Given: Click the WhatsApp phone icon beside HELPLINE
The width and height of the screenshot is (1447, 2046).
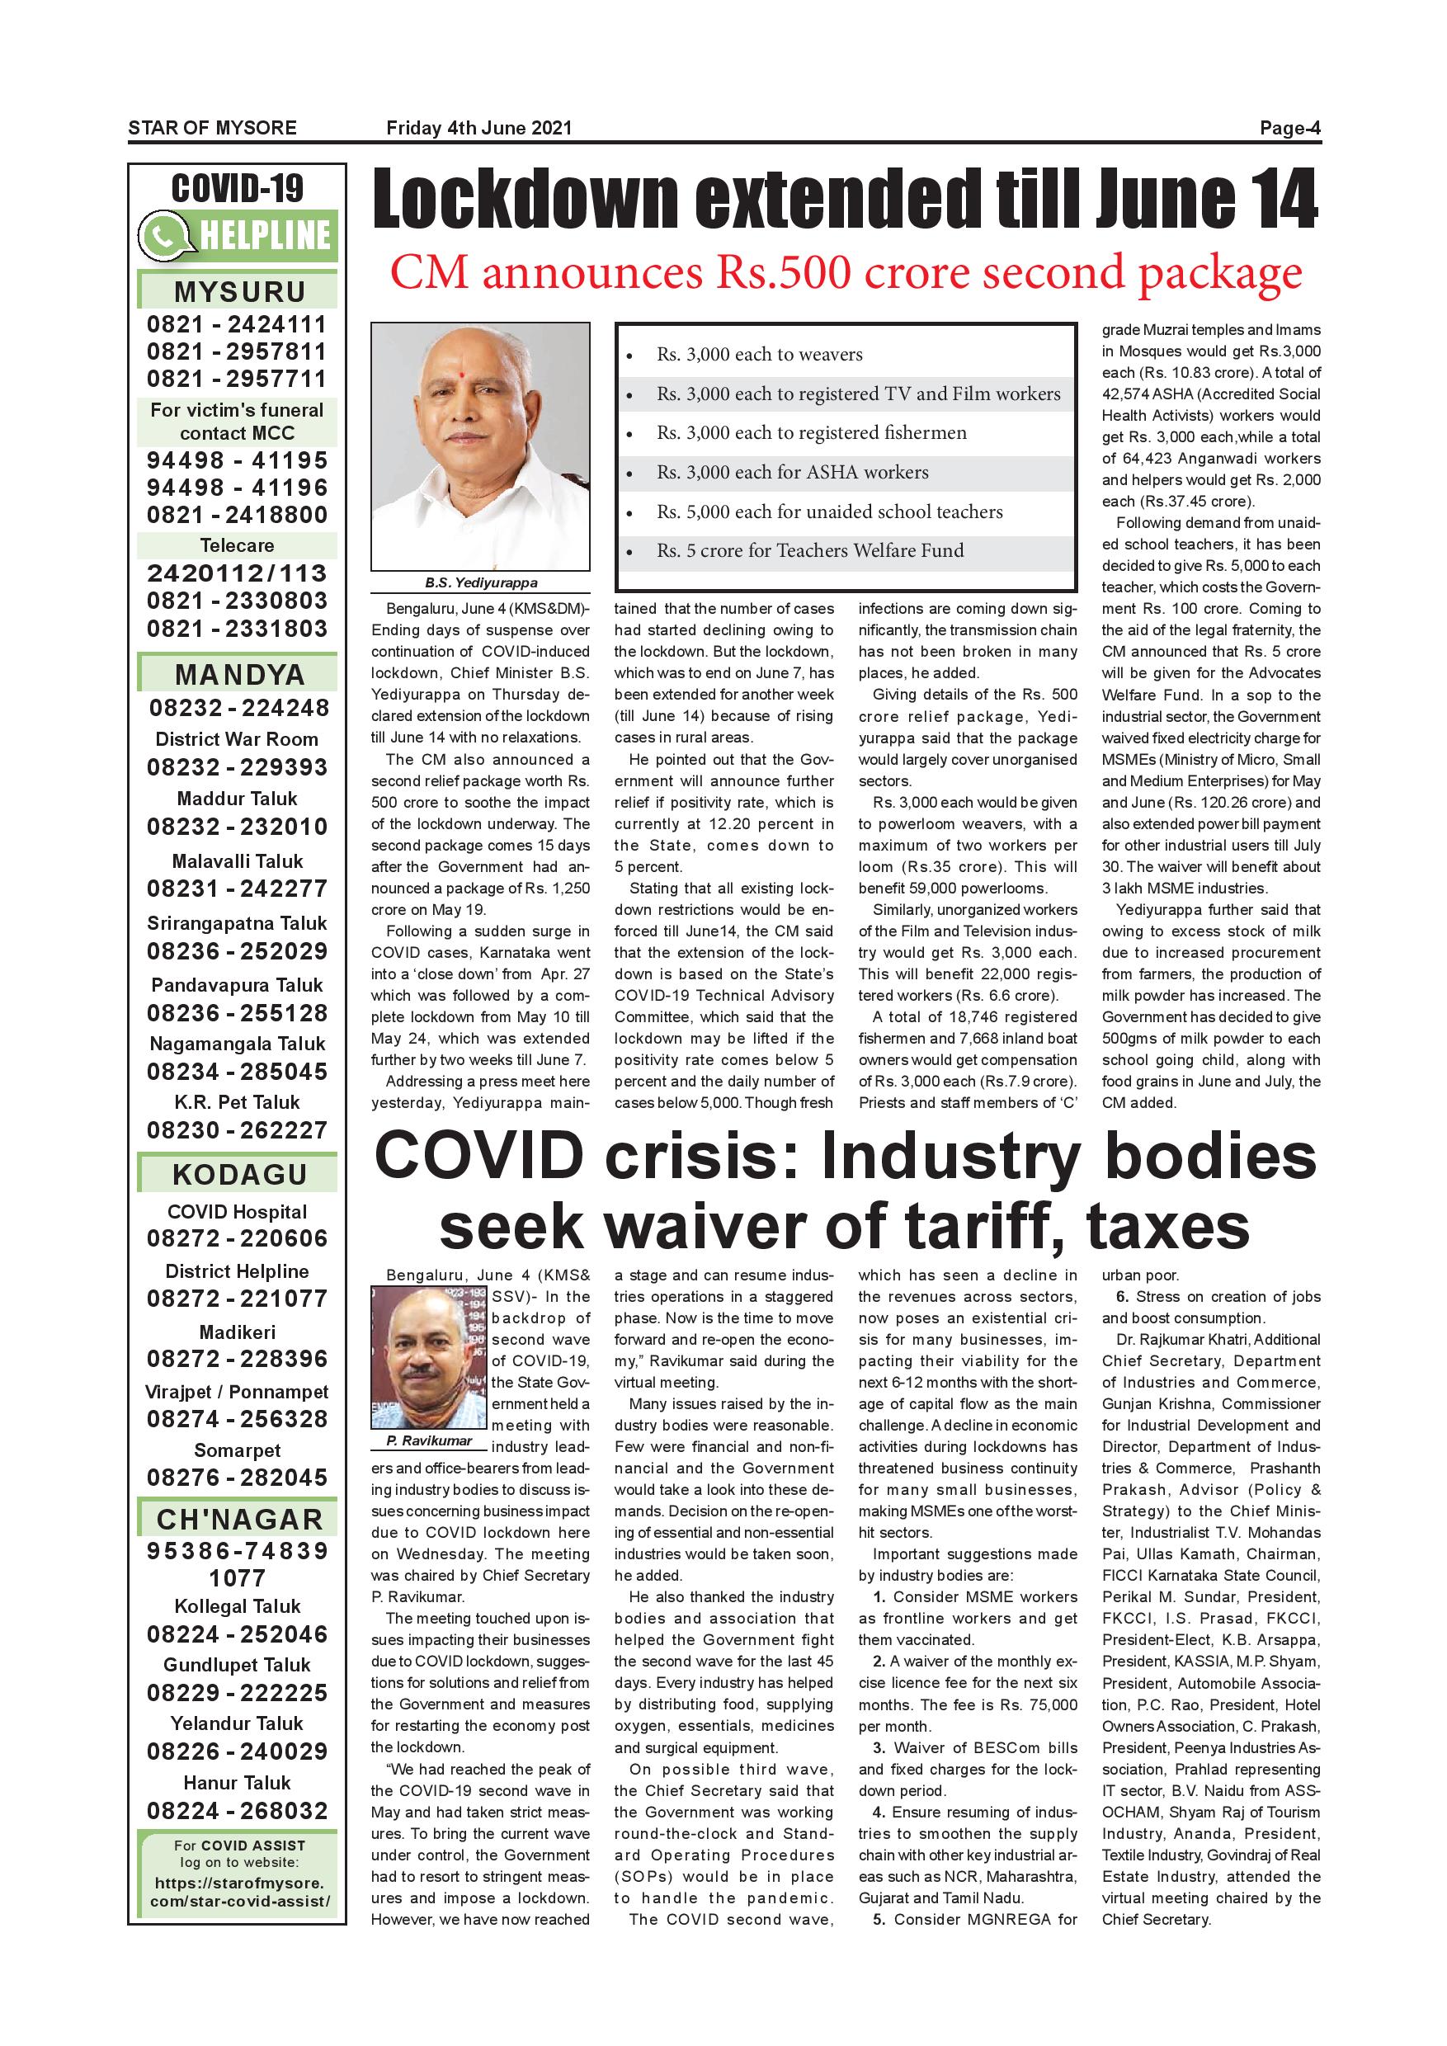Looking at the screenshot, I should point(164,236).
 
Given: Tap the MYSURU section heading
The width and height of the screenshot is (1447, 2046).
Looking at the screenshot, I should point(238,292).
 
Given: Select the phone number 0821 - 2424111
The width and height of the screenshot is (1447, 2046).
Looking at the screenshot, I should point(237,324).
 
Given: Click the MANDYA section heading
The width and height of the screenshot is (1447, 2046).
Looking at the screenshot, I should point(238,675).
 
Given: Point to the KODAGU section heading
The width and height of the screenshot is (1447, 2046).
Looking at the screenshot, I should point(238,1175).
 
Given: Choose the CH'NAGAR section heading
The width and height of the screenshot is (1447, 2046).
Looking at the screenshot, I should point(238,1520).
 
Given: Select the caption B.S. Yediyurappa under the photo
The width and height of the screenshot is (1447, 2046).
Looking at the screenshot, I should point(480,582).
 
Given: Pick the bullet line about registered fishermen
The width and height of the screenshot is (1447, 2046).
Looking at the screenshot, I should point(811,433).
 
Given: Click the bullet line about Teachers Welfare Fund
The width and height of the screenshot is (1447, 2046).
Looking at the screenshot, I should point(810,551).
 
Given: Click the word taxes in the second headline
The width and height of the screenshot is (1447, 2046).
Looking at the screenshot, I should point(1167,1227).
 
